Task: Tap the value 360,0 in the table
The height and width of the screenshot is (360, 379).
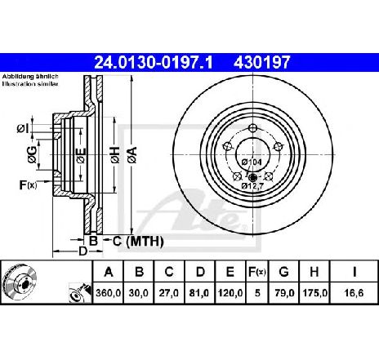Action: tap(110, 291)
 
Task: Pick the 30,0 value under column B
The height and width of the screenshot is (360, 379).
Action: tap(140, 291)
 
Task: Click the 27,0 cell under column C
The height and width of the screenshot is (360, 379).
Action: tap(169, 291)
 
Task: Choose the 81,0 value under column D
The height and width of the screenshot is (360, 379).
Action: tap(198, 291)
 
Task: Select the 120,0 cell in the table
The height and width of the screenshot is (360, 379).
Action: tap(229, 291)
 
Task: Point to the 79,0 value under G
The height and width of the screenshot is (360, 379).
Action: tap(286, 291)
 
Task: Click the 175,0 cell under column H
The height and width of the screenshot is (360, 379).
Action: tap(315, 291)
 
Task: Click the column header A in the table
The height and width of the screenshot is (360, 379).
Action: tap(109, 271)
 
